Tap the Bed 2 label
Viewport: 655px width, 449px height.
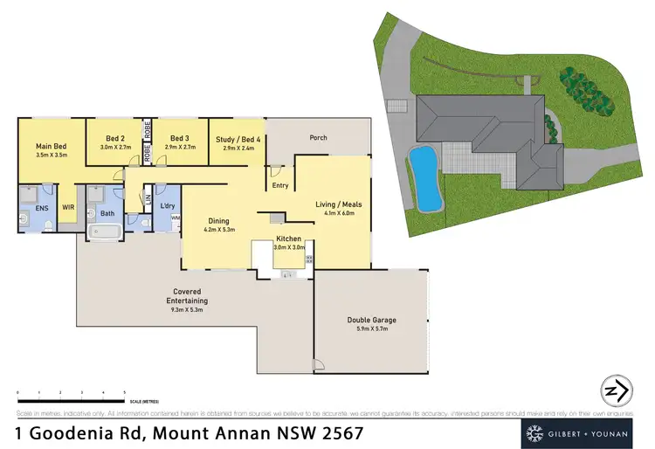[x=116, y=138]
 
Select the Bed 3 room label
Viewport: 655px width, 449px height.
[x=179, y=138]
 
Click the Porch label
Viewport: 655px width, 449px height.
[x=319, y=138]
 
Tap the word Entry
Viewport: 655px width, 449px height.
[x=280, y=185]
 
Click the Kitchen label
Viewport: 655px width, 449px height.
[x=289, y=238]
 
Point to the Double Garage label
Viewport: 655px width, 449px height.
[x=371, y=321]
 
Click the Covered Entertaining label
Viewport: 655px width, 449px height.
[x=189, y=295]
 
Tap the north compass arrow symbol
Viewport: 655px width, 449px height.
[x=617, y=390]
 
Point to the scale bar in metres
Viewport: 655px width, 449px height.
[x=71, y=392]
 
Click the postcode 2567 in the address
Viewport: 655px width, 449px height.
[x=343, y=432]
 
